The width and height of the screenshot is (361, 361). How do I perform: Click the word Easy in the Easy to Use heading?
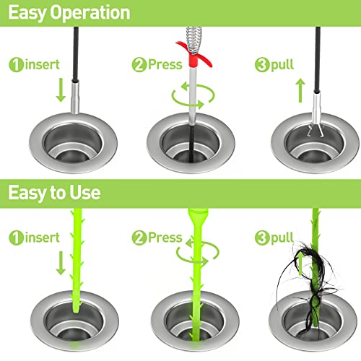[x=27, y=193]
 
